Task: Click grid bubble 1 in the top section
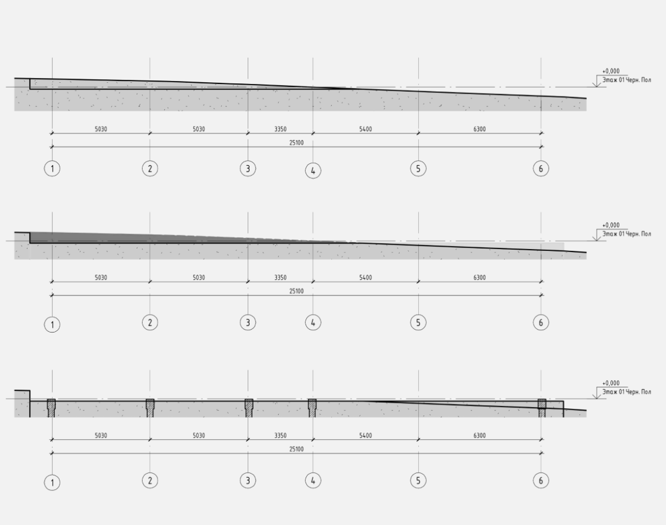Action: pos(53,169)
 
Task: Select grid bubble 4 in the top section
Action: pos(313,171)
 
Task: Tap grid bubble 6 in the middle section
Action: pos(541,322)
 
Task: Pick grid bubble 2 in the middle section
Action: pos(150,322)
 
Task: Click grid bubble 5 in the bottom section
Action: pos(418,480)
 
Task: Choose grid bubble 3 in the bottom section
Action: pos(248,480)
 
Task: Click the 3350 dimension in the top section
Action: pos(280,129)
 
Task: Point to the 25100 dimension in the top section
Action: pos(297,143)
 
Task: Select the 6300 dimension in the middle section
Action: pos(480,277)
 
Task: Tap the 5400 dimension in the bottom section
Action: pos(366,435)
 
